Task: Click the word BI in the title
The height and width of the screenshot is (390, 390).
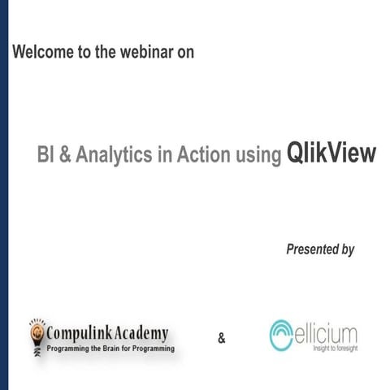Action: click(x=46, y=155)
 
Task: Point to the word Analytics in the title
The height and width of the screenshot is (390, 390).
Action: click(x=112, y=155)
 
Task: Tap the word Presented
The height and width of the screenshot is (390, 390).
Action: click(x=312, y=249)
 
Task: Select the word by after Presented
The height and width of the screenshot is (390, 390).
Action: click(x=347, y=250)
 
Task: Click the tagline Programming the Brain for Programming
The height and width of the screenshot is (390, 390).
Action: click(x=110, y=348)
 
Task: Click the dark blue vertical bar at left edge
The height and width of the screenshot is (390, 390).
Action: click(x=4, y=195)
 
